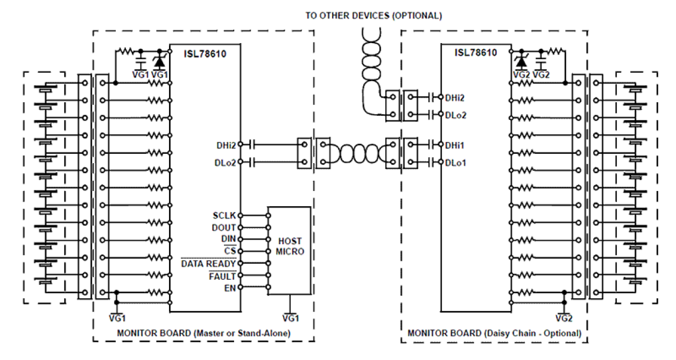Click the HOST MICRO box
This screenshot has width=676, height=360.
point(290,246)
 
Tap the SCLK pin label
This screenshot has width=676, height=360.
point(224,216)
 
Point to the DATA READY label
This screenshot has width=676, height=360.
point(208,264)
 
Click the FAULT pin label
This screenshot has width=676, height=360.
point(222,276)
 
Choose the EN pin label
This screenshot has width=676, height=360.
point(230,288)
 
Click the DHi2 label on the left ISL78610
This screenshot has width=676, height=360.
point(226,144)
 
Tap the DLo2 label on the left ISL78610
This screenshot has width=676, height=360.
point(226,161)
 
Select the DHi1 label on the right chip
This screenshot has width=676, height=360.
point(455,144)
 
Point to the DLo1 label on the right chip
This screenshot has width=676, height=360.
point(455,161)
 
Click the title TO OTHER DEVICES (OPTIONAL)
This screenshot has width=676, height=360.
point(374,16)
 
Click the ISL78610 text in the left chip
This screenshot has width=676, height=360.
point(205,54)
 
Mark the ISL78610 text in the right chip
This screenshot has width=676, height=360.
point(476,53)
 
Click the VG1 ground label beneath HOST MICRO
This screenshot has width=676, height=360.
point(290,318)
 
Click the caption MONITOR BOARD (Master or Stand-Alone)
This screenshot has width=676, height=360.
point(203,333)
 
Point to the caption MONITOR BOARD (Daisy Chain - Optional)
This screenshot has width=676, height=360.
point(494,333)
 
